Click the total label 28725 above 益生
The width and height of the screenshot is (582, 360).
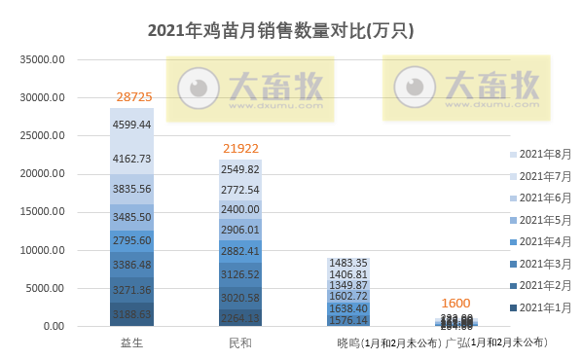tap(131, 97)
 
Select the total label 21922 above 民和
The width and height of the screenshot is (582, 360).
tap(240, 149)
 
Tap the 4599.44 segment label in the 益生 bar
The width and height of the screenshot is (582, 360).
tap(131, 125)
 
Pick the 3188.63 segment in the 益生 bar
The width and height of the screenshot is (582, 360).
tap(131, 315)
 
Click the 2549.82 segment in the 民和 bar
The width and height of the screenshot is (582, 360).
tap(240, 168)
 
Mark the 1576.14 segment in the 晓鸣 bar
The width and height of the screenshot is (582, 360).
tap(348, 319)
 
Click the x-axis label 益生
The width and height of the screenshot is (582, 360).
tap(131, 342)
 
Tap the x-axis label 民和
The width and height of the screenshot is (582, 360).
tap(240, 342)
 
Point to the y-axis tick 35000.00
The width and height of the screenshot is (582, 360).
tap(44, 60)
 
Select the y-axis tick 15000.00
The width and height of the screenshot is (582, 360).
tap(44, 212)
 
